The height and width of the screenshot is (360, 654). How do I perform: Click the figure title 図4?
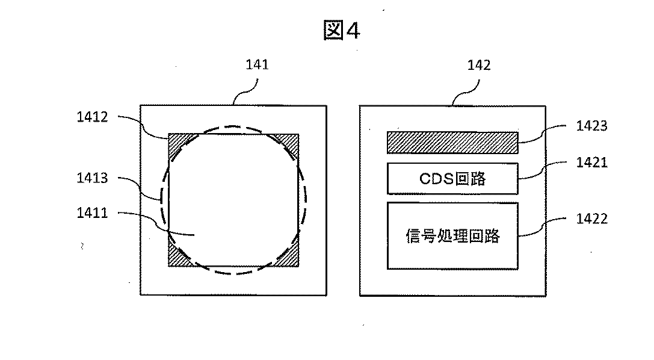(342, 31)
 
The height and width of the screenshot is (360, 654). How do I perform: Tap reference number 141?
(258, 65)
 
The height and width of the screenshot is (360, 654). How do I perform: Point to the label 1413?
(92, 178)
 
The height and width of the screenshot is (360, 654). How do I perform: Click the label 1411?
(92, 213)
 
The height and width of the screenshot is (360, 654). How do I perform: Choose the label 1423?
(591, 126)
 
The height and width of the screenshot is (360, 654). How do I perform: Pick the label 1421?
(591, 162)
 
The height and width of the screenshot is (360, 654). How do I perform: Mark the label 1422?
(591, 219)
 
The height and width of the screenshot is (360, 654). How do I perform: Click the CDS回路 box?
(452, 178)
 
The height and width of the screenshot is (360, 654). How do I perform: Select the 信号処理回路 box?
(452, 235)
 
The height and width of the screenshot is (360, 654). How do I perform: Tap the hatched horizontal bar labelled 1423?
(452, 142)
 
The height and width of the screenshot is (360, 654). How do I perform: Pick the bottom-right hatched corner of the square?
(292, 258)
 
